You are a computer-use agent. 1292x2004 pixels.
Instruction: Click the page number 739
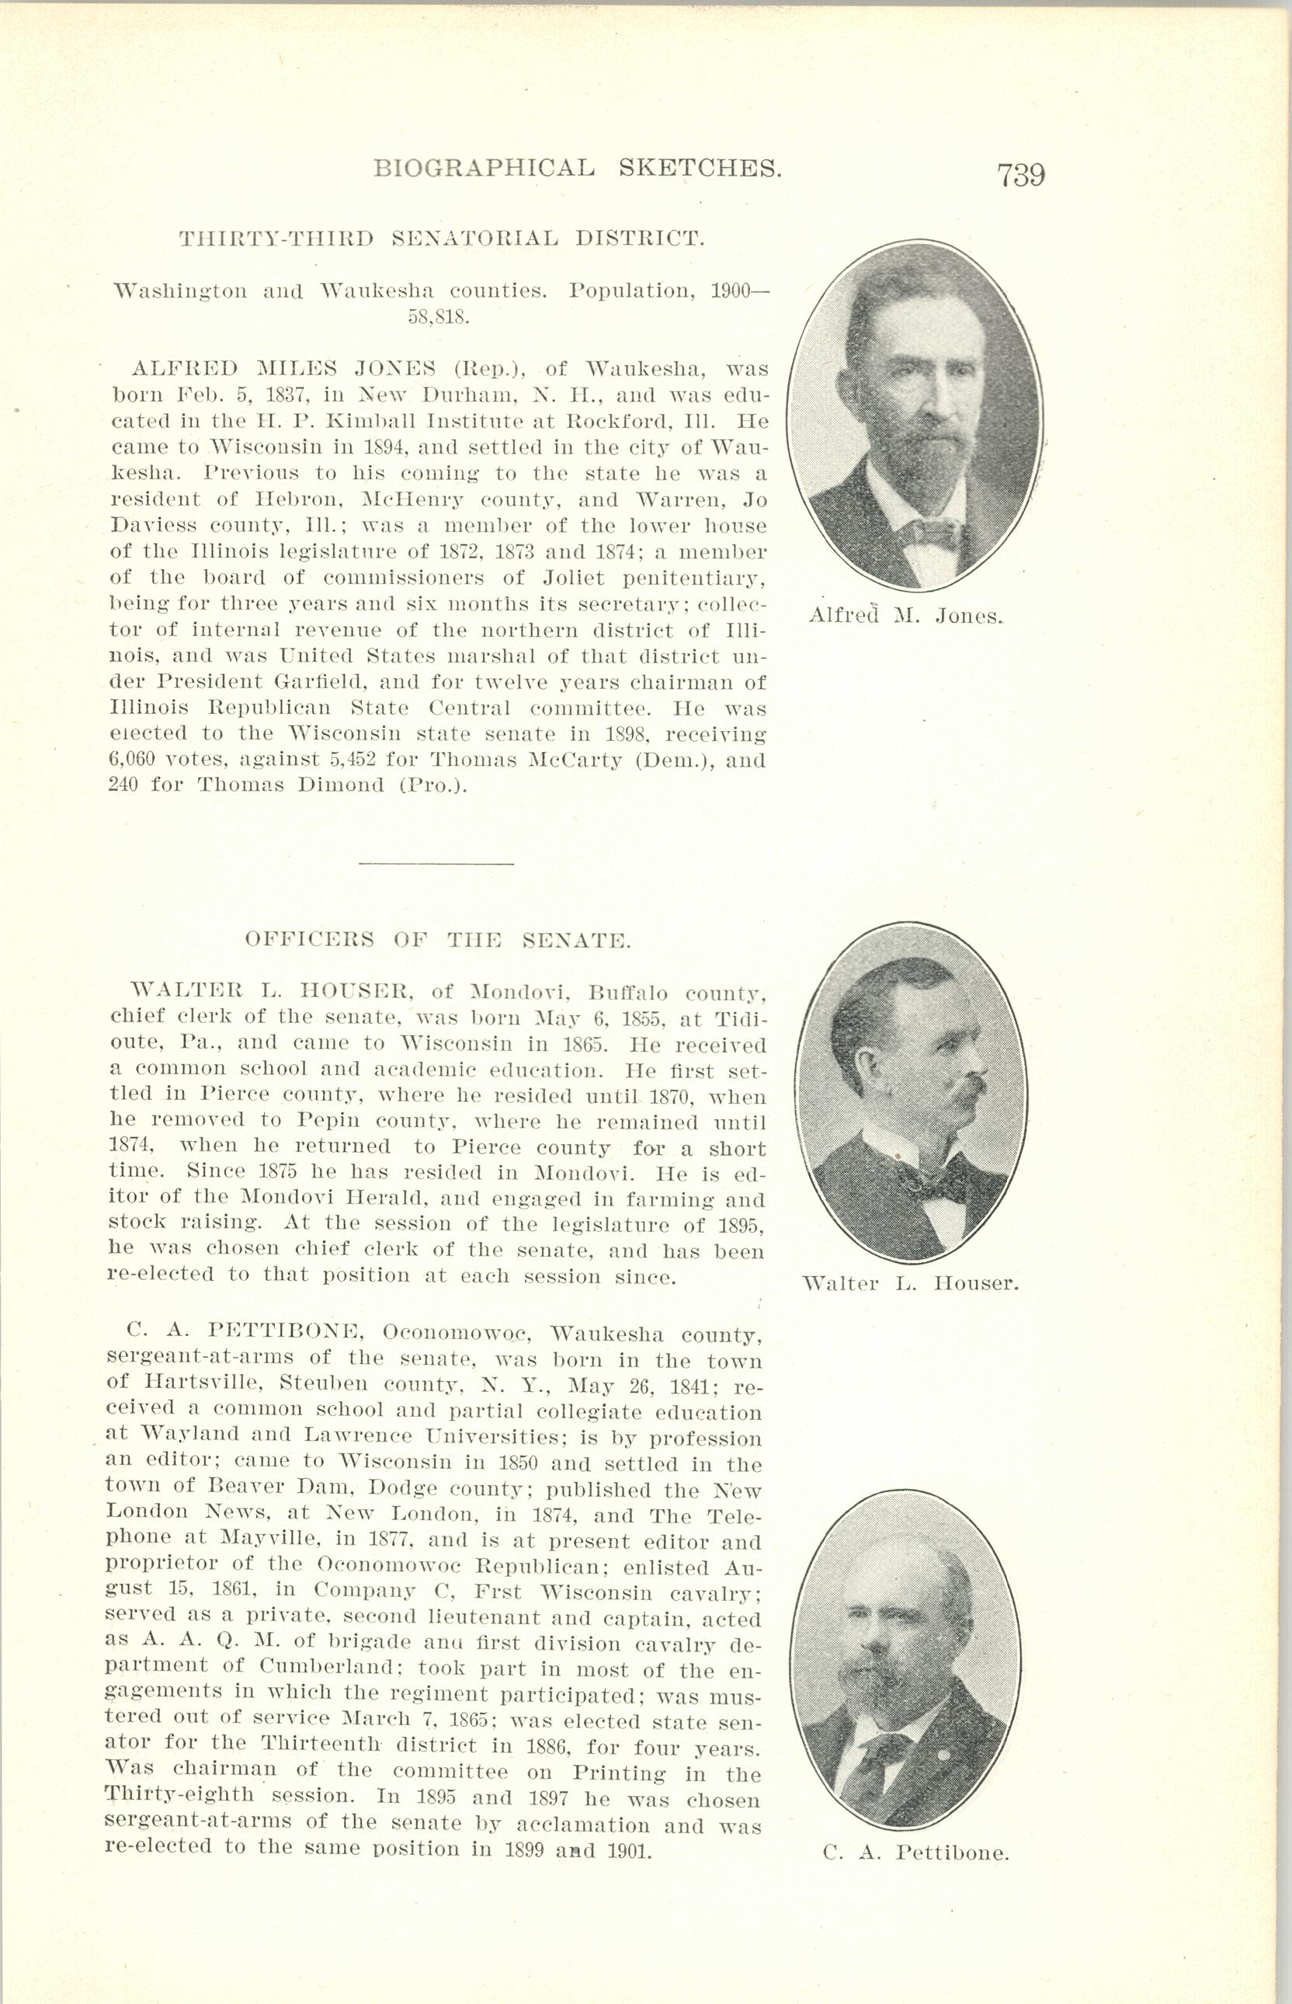click(1020, 175)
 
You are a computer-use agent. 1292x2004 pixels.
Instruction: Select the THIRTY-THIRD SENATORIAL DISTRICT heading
click(441, 238)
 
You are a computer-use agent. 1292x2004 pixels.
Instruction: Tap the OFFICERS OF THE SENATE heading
click(437, 940)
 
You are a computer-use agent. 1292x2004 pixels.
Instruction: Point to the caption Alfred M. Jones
click(906, 616)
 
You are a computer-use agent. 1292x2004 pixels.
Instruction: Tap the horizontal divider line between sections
click(435, 863)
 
